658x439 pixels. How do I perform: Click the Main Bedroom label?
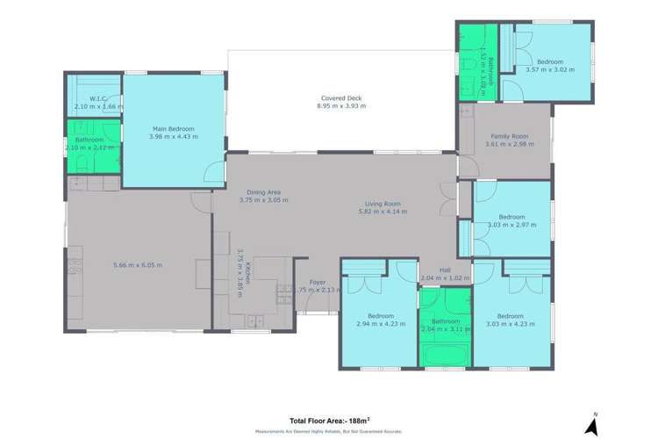173,129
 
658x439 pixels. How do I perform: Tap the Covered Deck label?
340,98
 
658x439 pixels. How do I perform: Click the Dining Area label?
263,191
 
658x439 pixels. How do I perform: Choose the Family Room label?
510,136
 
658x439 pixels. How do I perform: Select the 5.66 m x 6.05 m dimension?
138,264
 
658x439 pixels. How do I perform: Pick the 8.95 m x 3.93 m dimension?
340,106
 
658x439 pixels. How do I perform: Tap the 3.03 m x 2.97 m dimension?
511,225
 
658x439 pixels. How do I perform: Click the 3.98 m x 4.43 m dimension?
173,137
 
